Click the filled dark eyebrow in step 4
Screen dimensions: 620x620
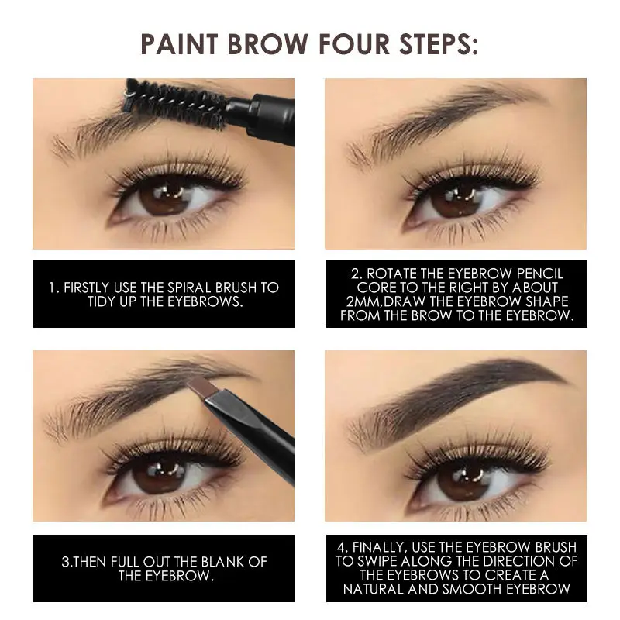[x=465, y=391]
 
